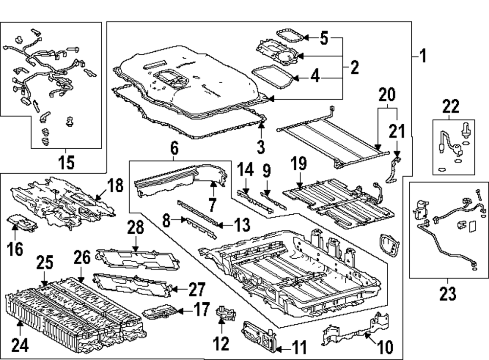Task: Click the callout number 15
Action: [67, 162]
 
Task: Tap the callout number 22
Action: [451, 106]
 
